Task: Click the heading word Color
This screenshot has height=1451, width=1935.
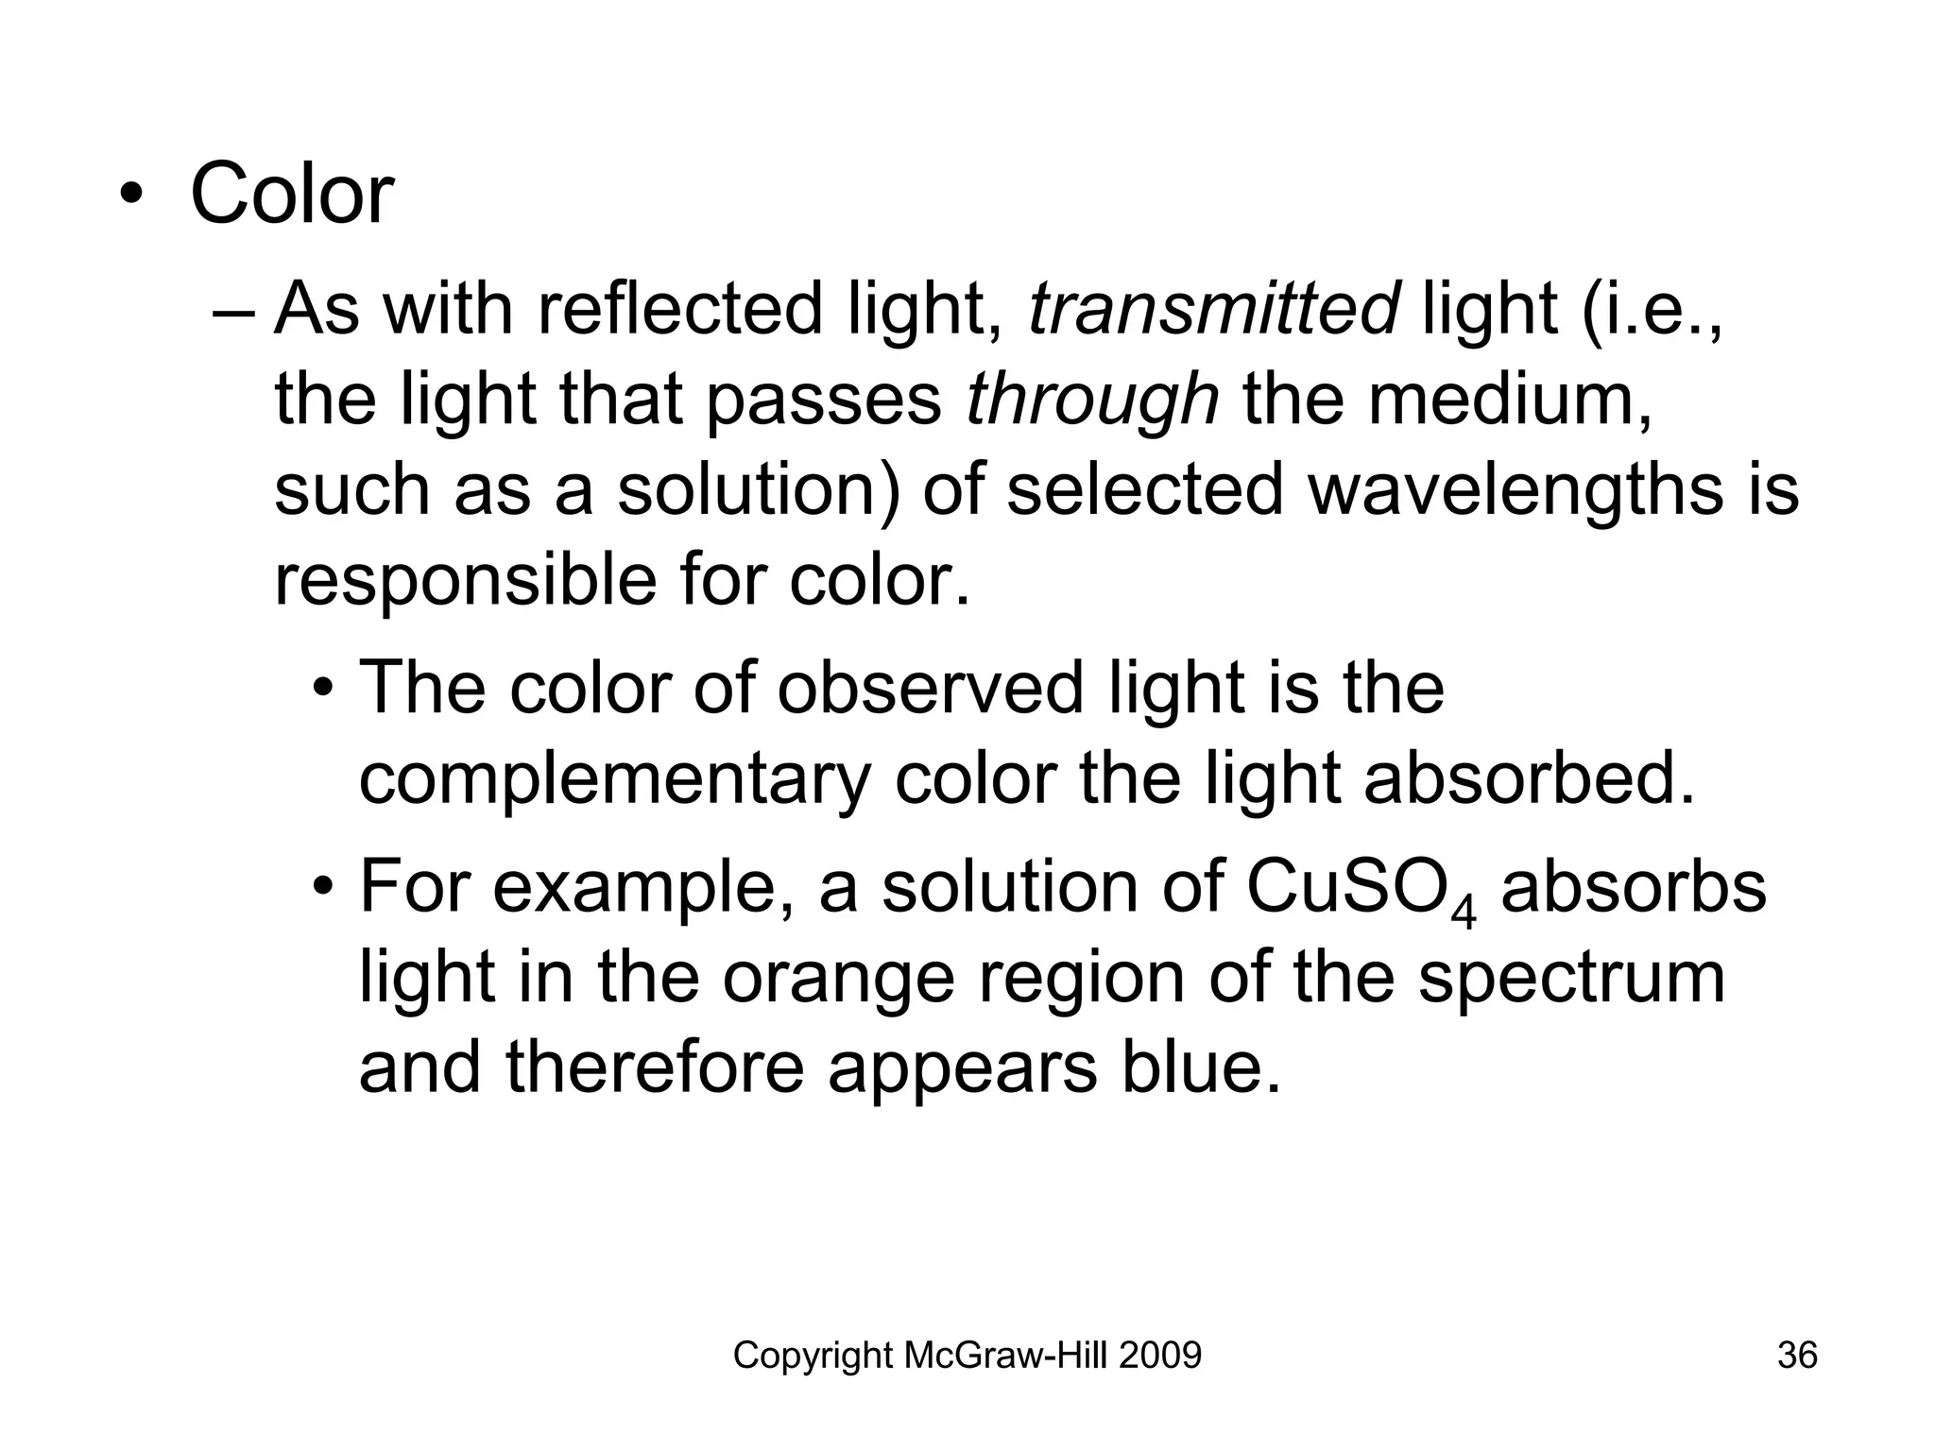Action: click(x=292, y=196)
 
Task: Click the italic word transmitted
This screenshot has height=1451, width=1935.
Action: click(x=1213, y=309)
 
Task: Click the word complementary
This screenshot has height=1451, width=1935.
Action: click(x=614, y=781)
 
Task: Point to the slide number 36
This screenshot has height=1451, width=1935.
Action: click(x=1797, y=1356)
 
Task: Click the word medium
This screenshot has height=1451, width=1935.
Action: click(x=1510, y=399)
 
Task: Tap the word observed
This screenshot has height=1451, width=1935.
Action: click(x=931, y=689)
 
